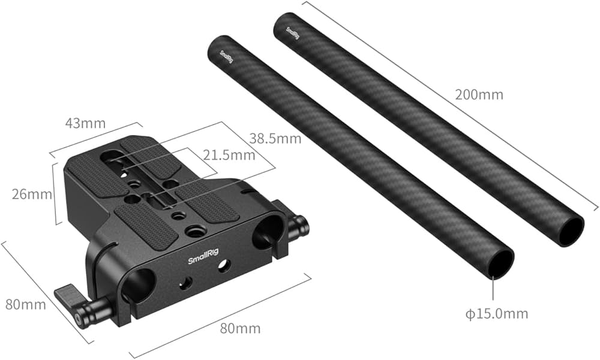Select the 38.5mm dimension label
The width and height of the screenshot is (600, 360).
pyautogui.click(x=275, y=139)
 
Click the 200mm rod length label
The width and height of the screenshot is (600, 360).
pyautogui.click(x=479, y=94)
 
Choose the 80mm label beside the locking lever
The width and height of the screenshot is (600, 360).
pyautogui.click(x=26, y=304)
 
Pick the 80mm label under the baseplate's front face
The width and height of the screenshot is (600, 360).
pyautogui.click(x=240, y=328)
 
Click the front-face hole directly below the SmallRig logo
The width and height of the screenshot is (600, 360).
pyautogui.click(x=187, y=282)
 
